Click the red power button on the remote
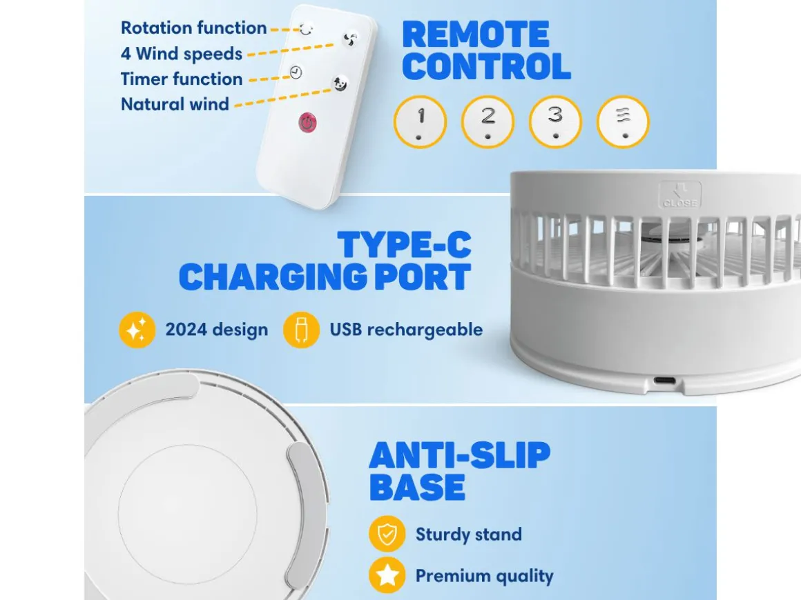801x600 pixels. point(307,123)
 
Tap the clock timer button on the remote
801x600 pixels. point(296,72)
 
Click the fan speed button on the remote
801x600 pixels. point(350,39)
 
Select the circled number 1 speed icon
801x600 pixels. point(420,122)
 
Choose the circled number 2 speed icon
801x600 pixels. point(488,122)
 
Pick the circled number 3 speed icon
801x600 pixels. point(555,122)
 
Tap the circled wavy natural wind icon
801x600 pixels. point(623,122)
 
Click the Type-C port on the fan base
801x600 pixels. point(664,381)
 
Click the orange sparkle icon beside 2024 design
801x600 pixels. point(137,330)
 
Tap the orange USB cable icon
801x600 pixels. point(301,330)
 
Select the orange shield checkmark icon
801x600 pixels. point(387,534)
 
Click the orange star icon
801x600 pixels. point(387,575)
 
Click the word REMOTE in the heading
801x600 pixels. point(476,34)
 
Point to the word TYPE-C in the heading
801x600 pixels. point(404,245)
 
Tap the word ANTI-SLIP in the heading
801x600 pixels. point(460,455)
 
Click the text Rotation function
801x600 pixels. point(193,28)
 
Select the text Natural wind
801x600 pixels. point(175,104)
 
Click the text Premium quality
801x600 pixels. point(484,576)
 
